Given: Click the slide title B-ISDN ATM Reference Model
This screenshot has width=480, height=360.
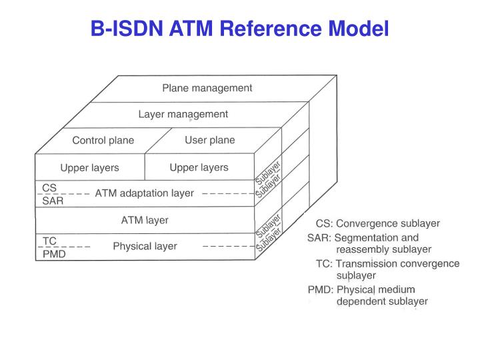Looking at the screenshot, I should coord(239,29).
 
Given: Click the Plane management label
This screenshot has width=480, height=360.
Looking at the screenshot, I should coord(207,88).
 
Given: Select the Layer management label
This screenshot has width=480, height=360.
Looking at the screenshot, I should coord(183,114).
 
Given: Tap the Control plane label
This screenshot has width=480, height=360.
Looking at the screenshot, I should coord(103,141).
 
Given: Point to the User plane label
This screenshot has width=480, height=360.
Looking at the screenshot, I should coord(209,140).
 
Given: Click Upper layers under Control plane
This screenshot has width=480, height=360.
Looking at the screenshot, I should coord(89,167).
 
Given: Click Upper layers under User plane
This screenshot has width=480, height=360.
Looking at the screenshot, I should coord(199,167).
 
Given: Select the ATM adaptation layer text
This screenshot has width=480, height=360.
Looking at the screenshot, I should coord(145,193).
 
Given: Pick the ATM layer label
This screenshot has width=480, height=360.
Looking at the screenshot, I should coord(145,220).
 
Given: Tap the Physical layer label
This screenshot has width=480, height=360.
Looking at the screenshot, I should coord(145,246).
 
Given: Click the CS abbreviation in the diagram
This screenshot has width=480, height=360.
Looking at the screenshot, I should coord(49,188).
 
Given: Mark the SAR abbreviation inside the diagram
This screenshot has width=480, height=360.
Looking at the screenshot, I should coord(53,201).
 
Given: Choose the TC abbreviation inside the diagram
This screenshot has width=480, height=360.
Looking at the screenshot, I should coord(49,241).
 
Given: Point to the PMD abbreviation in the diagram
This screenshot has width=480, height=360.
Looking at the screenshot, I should coord(54,254).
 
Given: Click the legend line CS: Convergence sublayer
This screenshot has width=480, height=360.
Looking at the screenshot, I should coord(377,224).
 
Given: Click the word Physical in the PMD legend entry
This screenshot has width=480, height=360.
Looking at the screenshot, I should coord(356,289).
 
